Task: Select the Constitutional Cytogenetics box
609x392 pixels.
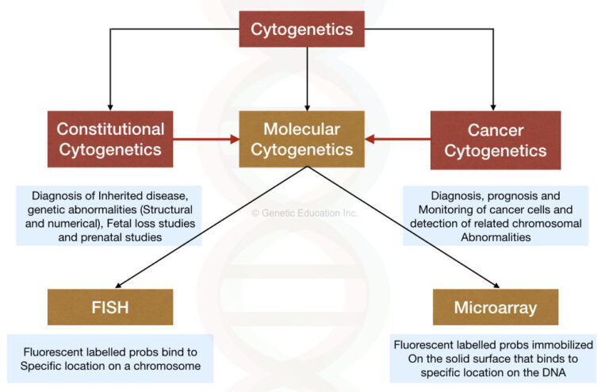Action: (110, 140)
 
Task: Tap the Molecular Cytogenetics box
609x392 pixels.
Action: (302, 140)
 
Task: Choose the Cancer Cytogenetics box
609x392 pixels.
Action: (496, 140)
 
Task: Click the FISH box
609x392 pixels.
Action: (110, 307)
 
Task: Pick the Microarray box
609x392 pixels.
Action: (496, 307)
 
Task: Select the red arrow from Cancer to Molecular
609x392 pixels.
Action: (398, 140)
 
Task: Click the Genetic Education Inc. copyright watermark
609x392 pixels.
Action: (304, 213)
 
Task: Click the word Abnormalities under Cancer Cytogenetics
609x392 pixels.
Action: (495, 237)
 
